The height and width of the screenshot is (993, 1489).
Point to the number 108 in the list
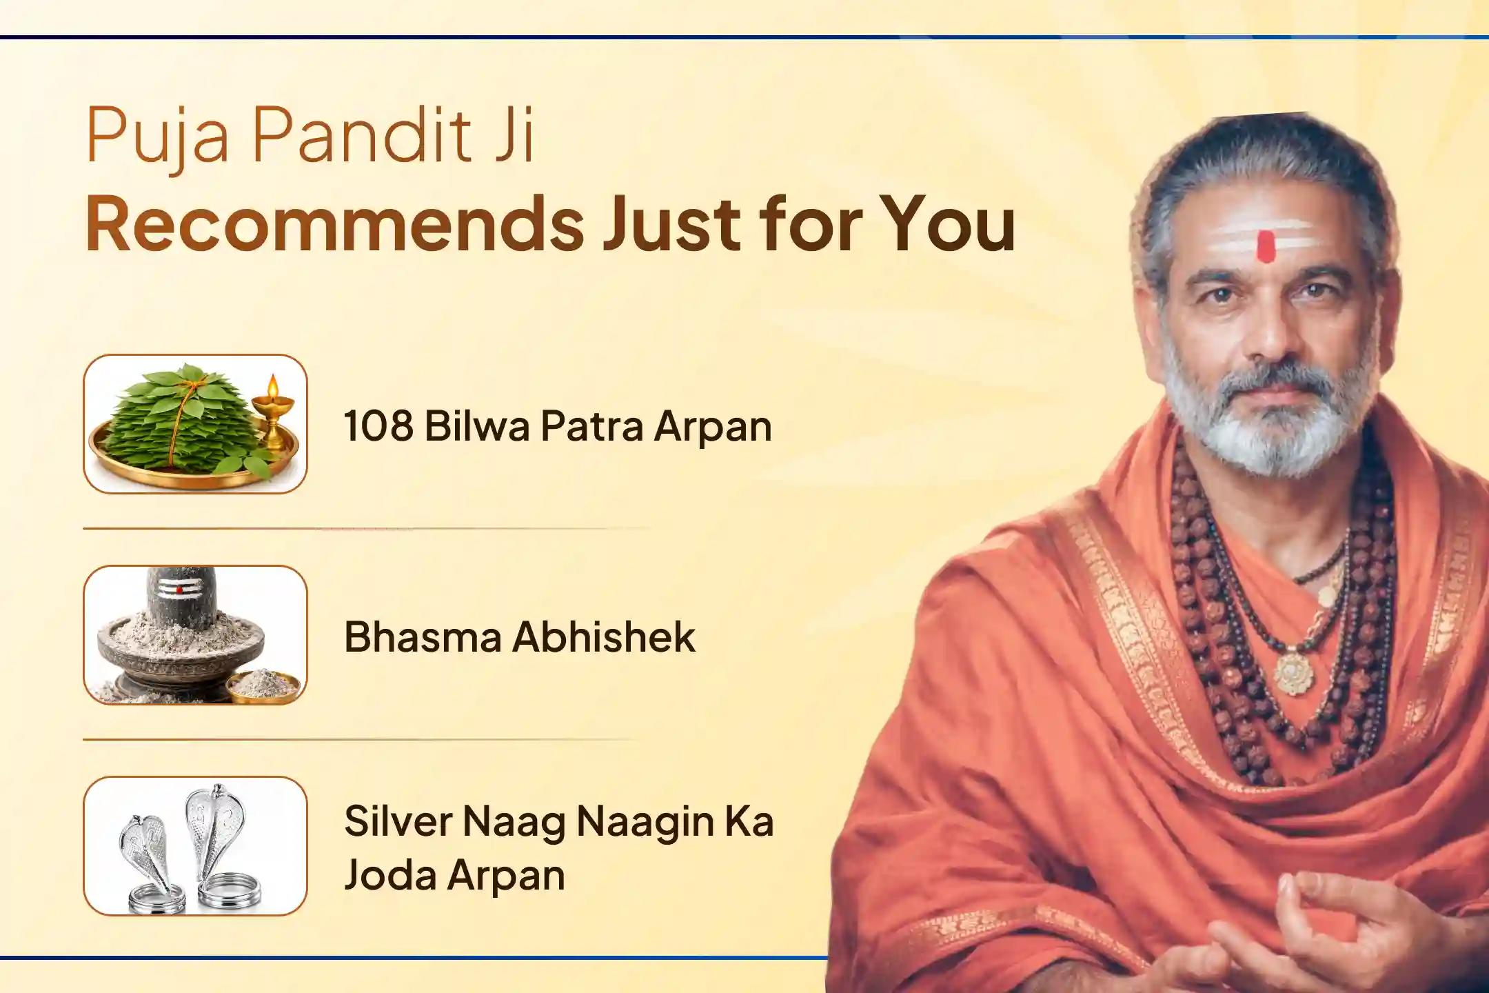coord(378,425)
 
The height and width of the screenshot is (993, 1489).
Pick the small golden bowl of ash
coord(265,685)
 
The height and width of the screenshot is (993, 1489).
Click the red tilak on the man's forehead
coord(1266,247)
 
